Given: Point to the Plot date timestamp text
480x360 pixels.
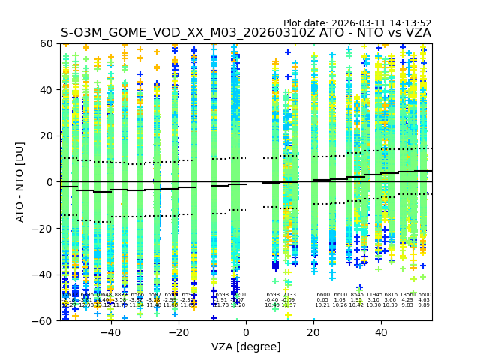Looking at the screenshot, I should (x=357, y=23).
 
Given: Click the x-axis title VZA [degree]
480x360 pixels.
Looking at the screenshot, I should (x=246, y=346).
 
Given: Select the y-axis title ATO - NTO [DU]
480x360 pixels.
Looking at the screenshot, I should (x=21, y=182).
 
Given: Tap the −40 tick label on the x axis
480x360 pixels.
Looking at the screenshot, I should (x=109, y=331).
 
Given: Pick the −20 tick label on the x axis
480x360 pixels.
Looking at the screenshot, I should (x=177, y=331).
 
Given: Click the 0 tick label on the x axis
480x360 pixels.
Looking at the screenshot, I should (x=246, y=331).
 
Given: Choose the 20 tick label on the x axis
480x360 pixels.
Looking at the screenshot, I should (x=313, y=331).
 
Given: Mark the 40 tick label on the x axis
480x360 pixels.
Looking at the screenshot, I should (x=381, y=331).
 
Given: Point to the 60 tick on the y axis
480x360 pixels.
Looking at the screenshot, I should (x=47, y=43).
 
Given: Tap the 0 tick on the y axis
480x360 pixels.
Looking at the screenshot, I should (x=50, y=182).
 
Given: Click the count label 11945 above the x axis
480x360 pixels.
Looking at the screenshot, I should (x=373, y=295).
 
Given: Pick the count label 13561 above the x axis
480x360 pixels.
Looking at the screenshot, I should (x=408, y=295).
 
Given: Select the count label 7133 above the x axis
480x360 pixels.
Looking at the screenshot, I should (x=289, y=295).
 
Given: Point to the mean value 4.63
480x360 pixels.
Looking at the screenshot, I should (x=424, y=300).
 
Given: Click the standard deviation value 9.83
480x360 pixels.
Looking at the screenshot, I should (x=407, y=305).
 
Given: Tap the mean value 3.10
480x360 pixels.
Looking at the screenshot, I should (x=373, y=300).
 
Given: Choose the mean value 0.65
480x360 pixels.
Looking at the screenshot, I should (x=322, y=300).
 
